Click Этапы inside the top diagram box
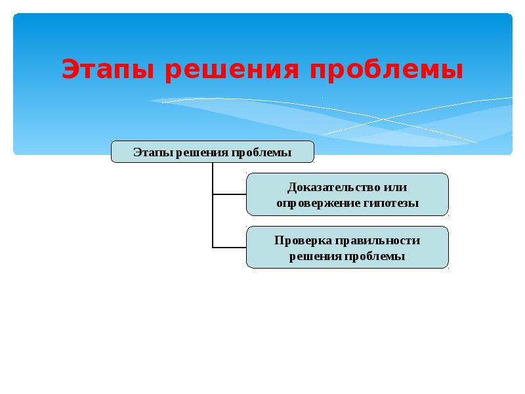pos(152,153)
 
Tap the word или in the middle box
pos(396,188)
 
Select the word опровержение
pos(317,204)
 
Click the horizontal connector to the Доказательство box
pos(229,194)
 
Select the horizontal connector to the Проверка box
pos(229,248)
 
